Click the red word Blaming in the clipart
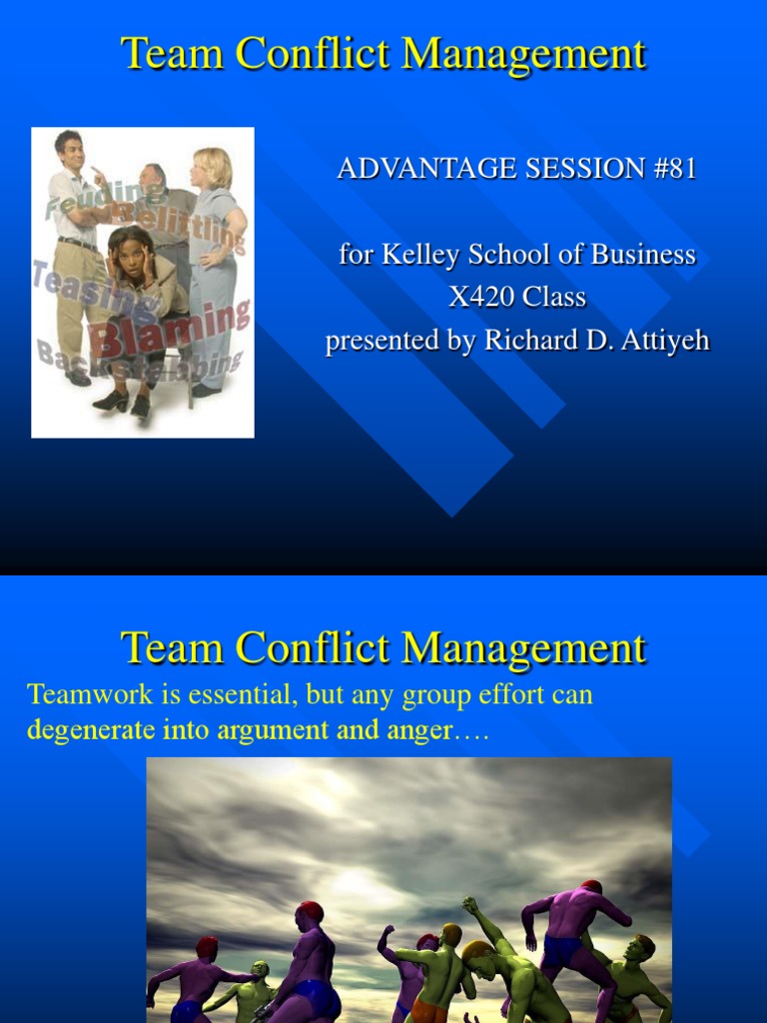pyautogui.click(x=170, y=331)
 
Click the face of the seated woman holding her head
pyautogui.click(x=129, y=256)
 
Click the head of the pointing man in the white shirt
pyautogui.click(x=70, y=150)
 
